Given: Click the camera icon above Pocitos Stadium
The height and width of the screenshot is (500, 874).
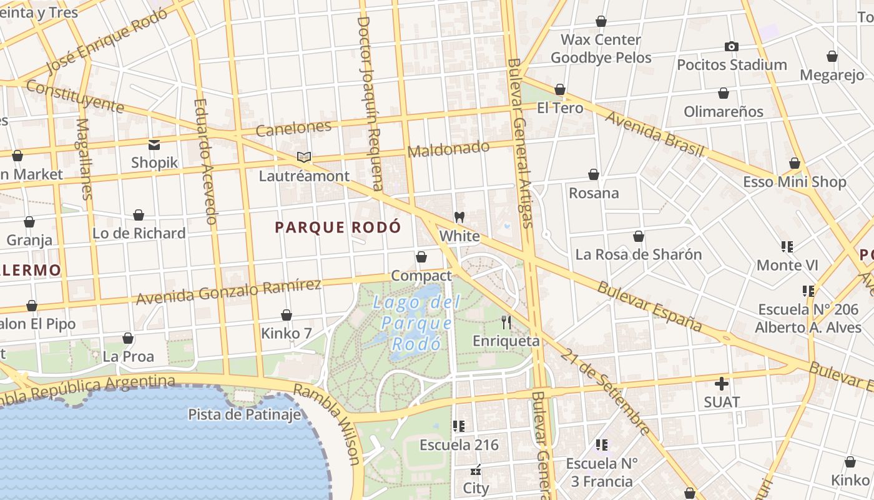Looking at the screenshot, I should point(731,47).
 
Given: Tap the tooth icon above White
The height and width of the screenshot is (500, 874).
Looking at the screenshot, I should point(459,217).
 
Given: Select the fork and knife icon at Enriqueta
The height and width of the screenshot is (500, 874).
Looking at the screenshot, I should point(506,322).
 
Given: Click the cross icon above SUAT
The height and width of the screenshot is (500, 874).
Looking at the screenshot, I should point(722,383).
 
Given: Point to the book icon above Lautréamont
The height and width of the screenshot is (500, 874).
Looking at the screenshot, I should point(304,157).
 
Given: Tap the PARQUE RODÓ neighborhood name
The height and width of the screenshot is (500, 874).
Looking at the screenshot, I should point(338,227).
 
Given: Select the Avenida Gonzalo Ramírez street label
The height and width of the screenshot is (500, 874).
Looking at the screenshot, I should point(228,292).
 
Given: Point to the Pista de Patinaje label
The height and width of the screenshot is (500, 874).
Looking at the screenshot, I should point(245,414).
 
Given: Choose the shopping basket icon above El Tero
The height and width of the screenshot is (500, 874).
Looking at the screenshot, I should point(560,90).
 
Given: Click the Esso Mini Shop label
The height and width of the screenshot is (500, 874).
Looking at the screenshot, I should point(794,182).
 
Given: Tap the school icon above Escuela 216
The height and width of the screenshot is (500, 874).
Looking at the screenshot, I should point(459,427).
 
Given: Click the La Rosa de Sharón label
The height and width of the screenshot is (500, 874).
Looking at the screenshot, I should point(638,254).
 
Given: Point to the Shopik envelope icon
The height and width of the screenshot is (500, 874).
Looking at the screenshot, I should point(154,145).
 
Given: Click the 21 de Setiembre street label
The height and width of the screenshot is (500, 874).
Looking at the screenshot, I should point(604,391).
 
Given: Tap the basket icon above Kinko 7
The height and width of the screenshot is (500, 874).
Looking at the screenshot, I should point(287,315).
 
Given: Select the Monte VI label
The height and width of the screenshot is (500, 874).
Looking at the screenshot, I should point(787,265).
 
